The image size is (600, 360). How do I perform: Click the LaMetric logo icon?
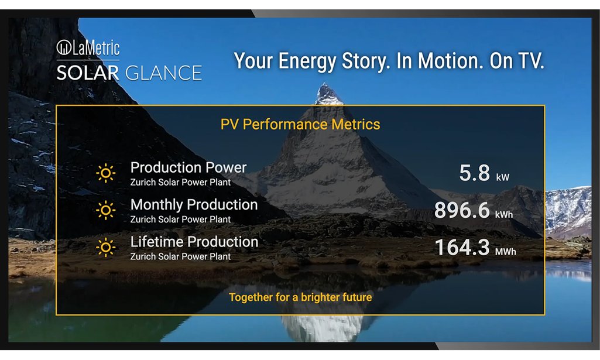coord(64,48)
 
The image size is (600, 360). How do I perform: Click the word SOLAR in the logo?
coord(88,73)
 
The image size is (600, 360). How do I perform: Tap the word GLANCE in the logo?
coord(164,73)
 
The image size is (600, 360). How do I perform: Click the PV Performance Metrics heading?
coord(300,124)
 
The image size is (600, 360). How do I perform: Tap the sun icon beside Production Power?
coord(106,173)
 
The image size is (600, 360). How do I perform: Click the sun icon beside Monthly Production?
coord(106,210)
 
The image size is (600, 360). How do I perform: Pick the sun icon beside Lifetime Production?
coord(106,247)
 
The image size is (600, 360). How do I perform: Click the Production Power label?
coord(188,167)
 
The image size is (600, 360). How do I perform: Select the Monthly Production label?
coord(194,205)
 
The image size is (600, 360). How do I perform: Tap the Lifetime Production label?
coord(194,242)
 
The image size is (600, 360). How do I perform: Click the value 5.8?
coord(475,173)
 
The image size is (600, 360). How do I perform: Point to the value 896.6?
coord(462,210)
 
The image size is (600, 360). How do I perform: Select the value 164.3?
coord(462,247)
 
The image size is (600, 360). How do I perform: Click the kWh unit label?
coord(504,215)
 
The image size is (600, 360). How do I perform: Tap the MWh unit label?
coord(506,252)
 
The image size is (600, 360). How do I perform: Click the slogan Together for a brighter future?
coord(300,297)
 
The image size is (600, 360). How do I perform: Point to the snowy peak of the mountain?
coord(325,93)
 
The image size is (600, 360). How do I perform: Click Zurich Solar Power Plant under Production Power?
coord(181,182)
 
